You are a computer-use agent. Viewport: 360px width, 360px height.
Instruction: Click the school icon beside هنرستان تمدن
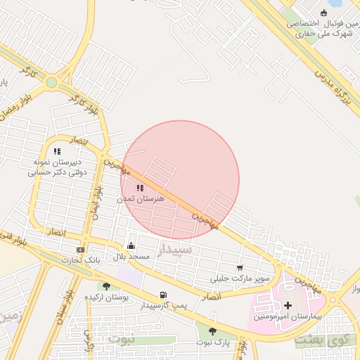point(139,188)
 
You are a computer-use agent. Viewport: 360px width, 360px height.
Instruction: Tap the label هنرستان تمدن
point(160,199)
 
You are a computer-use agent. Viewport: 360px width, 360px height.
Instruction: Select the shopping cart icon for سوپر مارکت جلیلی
point(240,267)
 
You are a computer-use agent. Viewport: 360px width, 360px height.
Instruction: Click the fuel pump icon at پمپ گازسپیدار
point(164,295)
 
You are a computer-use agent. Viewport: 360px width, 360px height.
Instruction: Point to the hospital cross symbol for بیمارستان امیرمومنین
point(288,305)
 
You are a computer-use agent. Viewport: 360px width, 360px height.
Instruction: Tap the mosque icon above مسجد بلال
point(131,245)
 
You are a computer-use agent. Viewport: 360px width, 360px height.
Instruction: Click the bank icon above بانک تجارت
point(80,250)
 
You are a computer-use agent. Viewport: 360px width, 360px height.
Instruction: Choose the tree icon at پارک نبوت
point(212,330)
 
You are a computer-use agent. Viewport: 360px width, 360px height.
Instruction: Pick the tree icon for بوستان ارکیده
point(106,286)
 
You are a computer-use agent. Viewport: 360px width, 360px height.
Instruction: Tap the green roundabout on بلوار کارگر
point(51,82)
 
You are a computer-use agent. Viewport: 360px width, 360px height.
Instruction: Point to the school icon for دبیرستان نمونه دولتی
point(58,150)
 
